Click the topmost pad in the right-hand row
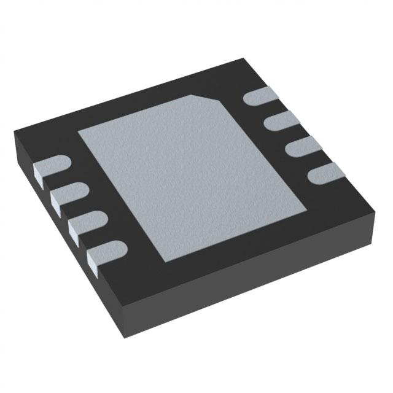tap(259, 96)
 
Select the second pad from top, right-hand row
tap(277, 122)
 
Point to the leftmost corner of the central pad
tap(77, 131)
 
